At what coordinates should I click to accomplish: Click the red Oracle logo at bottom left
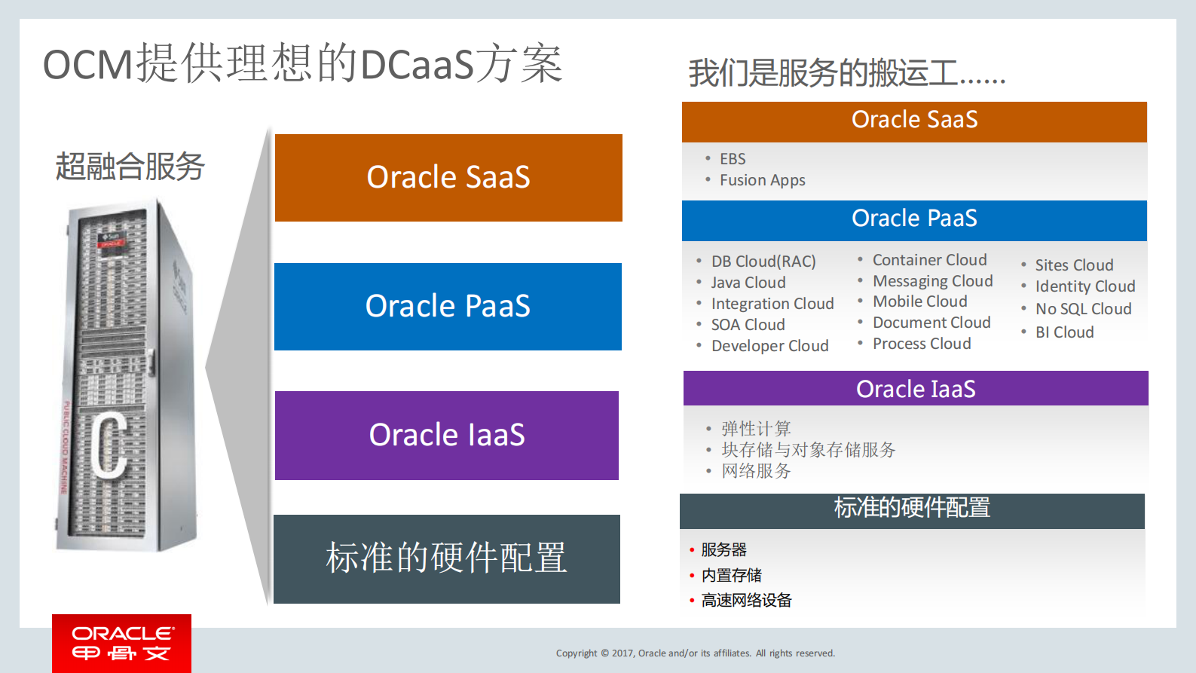(x=121, y=643)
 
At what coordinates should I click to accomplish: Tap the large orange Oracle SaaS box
(x=448, y=178)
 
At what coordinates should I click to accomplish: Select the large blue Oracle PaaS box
(x=448, y=307)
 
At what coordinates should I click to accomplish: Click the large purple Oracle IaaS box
(x=447, y=436)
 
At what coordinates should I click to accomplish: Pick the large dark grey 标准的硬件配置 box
(x=446, y=558)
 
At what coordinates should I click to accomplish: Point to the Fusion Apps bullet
(x=762, y=180)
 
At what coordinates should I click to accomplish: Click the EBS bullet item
(x=732, y=159)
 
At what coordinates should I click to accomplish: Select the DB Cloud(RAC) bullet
(x=763, y=262)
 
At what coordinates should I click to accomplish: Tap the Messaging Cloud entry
(x=932, y=281)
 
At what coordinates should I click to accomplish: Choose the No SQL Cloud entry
(x=1083, y=309)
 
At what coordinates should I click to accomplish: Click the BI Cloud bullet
(x=1064, y=332)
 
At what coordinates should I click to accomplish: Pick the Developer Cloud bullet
(x=769, y=346)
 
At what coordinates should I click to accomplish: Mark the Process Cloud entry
(x=922, y=344)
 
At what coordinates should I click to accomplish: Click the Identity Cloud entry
(x=1084, y=286)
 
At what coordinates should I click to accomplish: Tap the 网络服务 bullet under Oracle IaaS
(x=756, y=471)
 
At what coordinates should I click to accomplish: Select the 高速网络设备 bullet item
(x=746, y=600)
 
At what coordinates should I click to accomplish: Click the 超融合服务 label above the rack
(x=130, y=167)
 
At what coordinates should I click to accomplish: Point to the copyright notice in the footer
(x=695, y=653)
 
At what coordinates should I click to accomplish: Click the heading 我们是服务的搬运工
(x=846, y=73)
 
